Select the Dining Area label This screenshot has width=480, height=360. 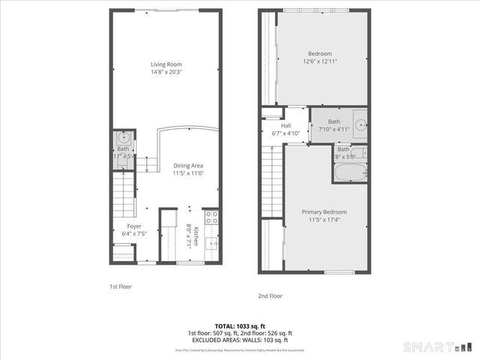pyautogui.click(x=188, y=166)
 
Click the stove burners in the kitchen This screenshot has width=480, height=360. pyautogui.click(x=211, y=218)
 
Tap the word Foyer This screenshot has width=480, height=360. pyautogui.click(x=133, y=226)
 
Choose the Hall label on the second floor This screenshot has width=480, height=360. pyautogui.click(x=286, y=126)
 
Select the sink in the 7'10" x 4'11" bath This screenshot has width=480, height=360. pyautogui.click(x=359, y=125)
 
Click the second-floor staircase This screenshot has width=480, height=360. pyautogui.click(x=271, y=180)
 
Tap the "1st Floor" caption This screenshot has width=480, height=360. pyautogui.click(x=120, y=286)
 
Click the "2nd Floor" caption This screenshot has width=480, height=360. pyautogui.click(x=270, y=295)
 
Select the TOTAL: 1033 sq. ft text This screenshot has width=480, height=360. pyautogui.click(x=240, y=325)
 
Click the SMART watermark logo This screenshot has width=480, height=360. pyautogui.click(x=438, y=347)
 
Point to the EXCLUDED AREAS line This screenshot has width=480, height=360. pyautogui.click(x=240, y=340)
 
